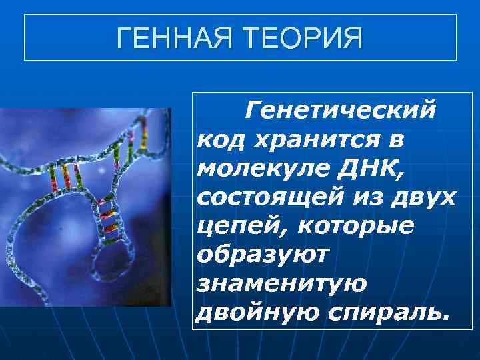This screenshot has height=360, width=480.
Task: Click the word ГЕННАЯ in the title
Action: pos(174,38)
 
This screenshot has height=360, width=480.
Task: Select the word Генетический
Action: pos(340,108)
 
